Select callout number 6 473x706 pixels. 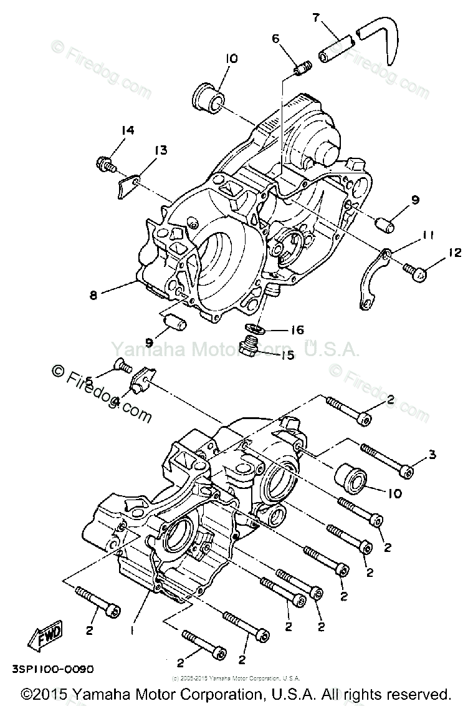coord(275,39)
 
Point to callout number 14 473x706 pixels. coord(128,130)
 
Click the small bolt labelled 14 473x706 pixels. coord(105,165)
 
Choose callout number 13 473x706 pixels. coord(161,150)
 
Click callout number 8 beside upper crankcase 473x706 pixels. coord(93,296)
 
